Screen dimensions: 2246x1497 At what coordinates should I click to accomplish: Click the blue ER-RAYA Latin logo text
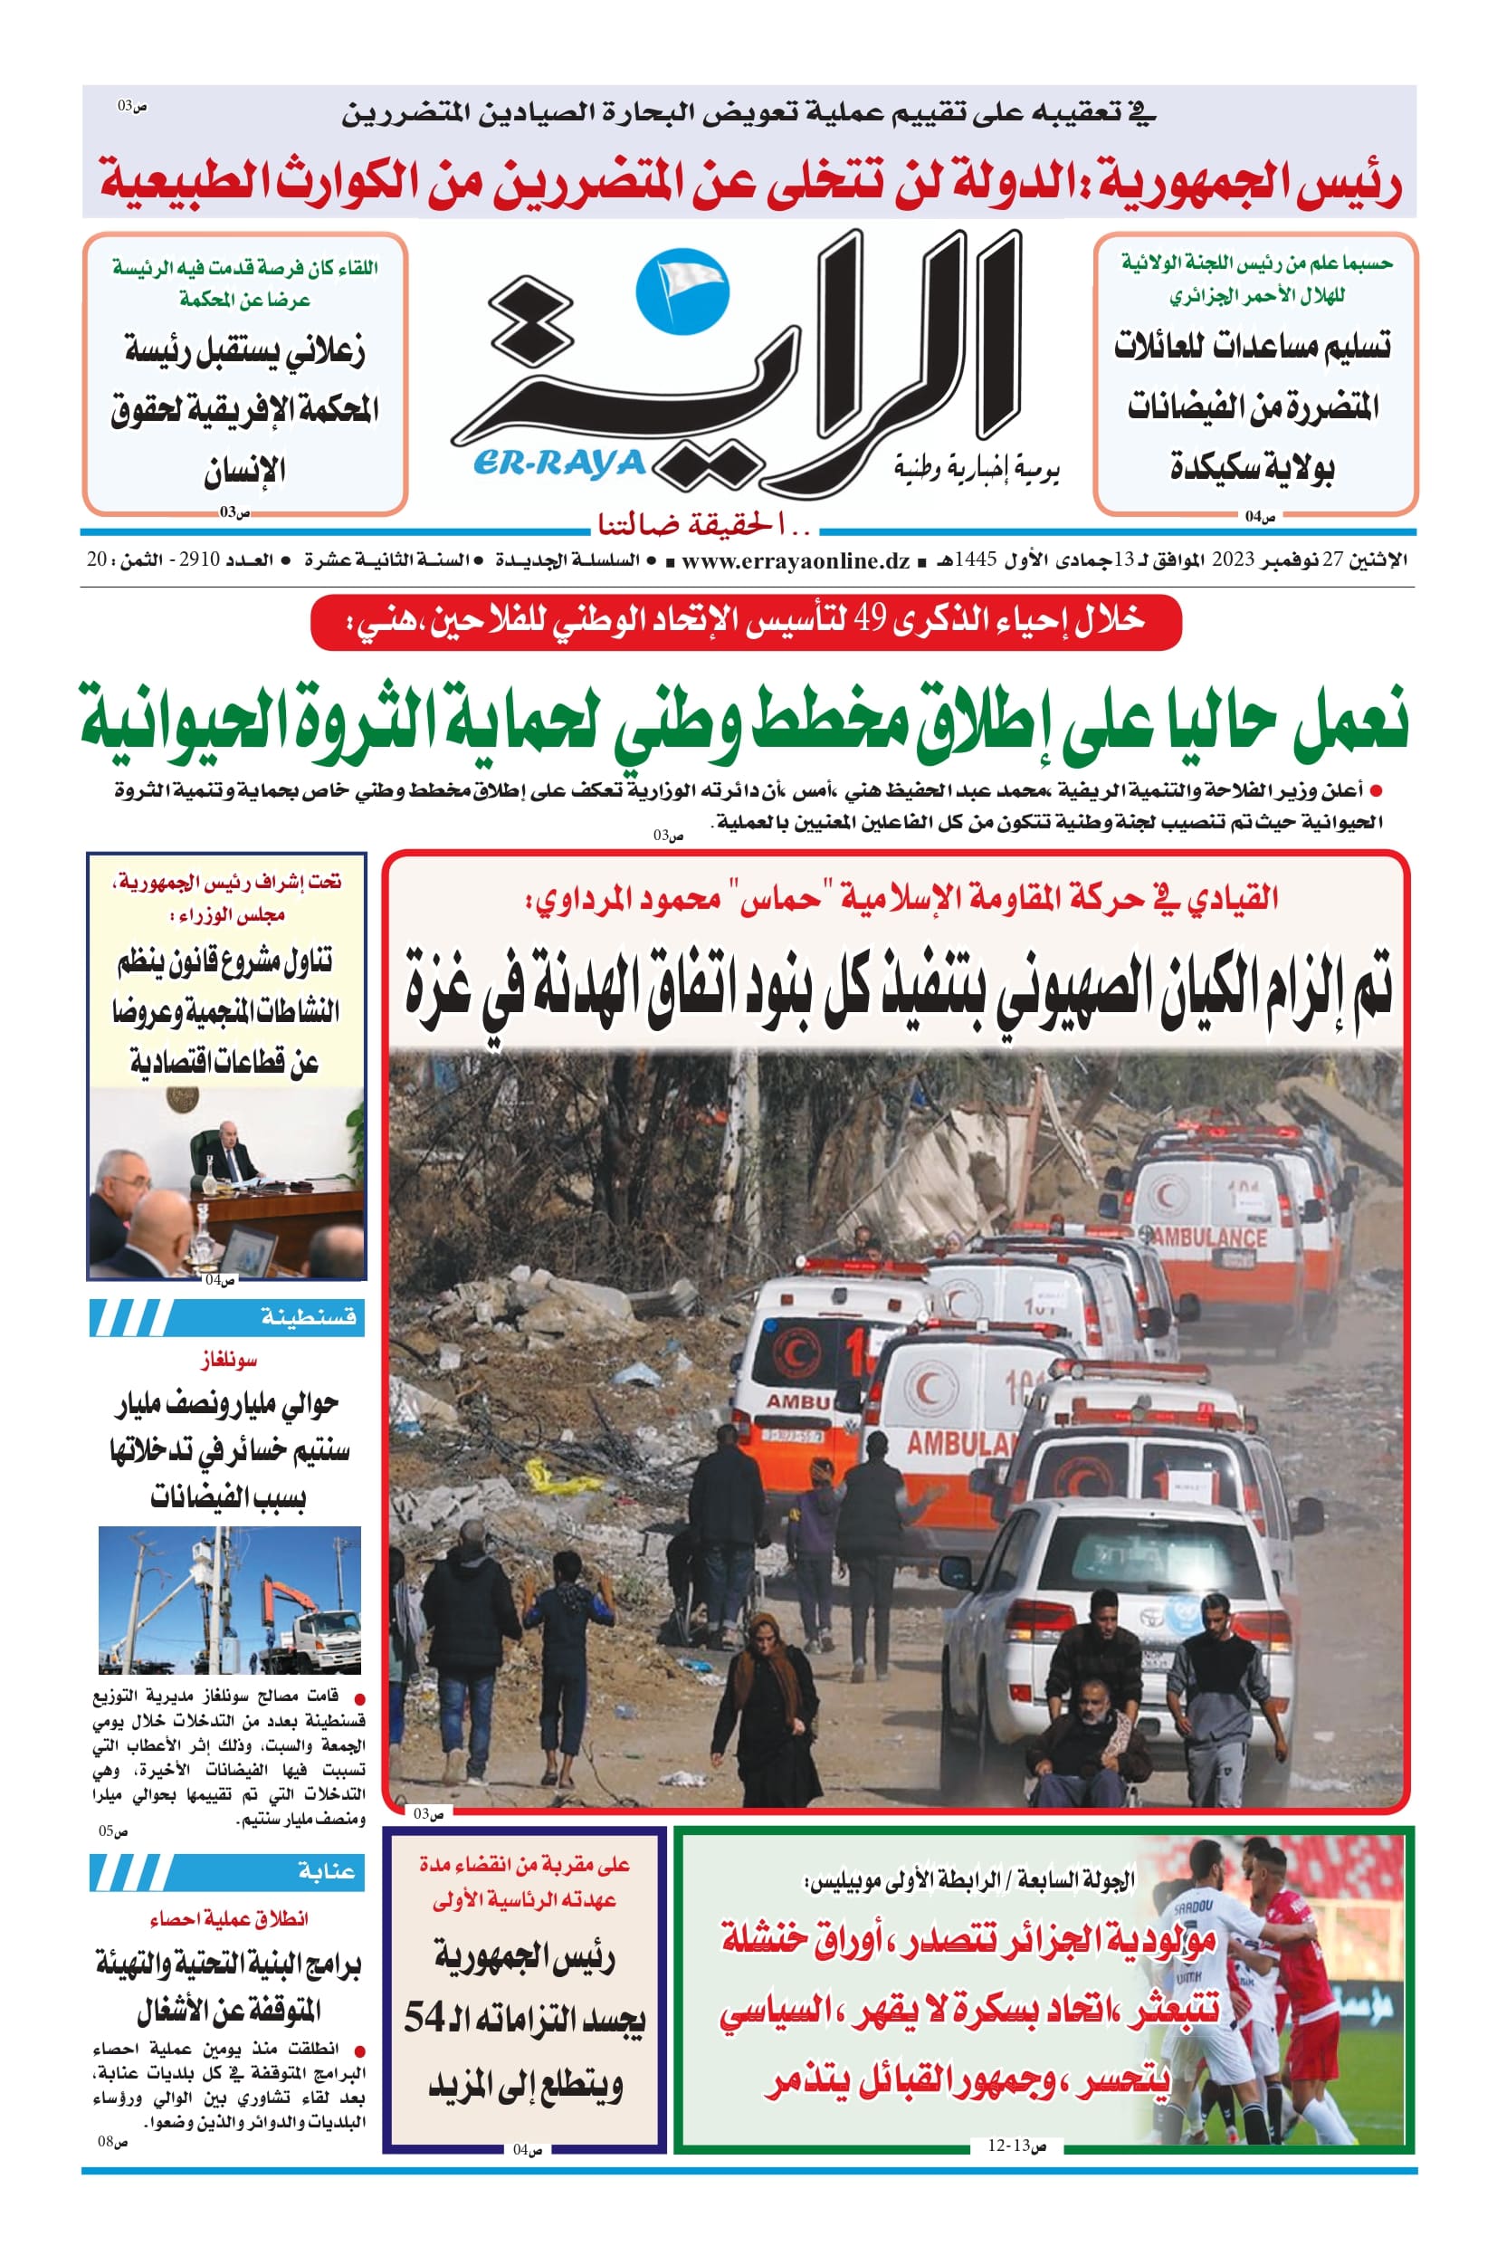click(x=558, y=464)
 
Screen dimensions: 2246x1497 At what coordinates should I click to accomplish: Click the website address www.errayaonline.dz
click(x=796, y=560)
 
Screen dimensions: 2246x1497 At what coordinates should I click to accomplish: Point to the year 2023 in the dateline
click(x=1232, y=560)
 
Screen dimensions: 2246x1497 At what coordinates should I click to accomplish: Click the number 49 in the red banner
click(x=870, y=622)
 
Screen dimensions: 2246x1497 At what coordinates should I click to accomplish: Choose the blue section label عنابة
click(x=326, y=1870)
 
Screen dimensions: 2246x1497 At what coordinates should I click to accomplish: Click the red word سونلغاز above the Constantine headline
click(x=229, y=1360)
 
